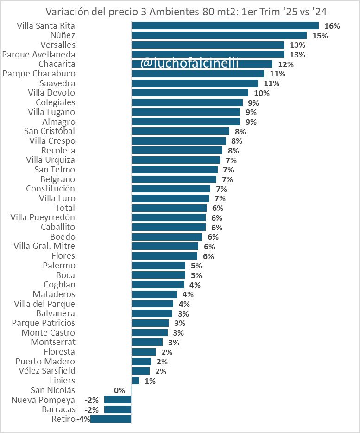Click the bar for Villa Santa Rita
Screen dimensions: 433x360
coord(225,25)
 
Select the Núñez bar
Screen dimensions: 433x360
coord(219,35)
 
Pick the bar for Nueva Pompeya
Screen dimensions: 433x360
coord(118,400)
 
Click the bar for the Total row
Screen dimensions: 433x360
coord(169,208)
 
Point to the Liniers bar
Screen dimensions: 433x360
coord(135,381)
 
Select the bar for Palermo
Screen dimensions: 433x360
coord(158,266)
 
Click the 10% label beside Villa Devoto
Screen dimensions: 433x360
coord(262,93)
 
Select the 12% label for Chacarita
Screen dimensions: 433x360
coord(286,64)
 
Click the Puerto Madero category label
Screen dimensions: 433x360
coord(45,362)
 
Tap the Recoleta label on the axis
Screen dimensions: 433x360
coord(58,151)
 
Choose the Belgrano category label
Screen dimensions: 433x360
coord(57,179)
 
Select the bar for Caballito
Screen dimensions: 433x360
coord(169,227)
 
